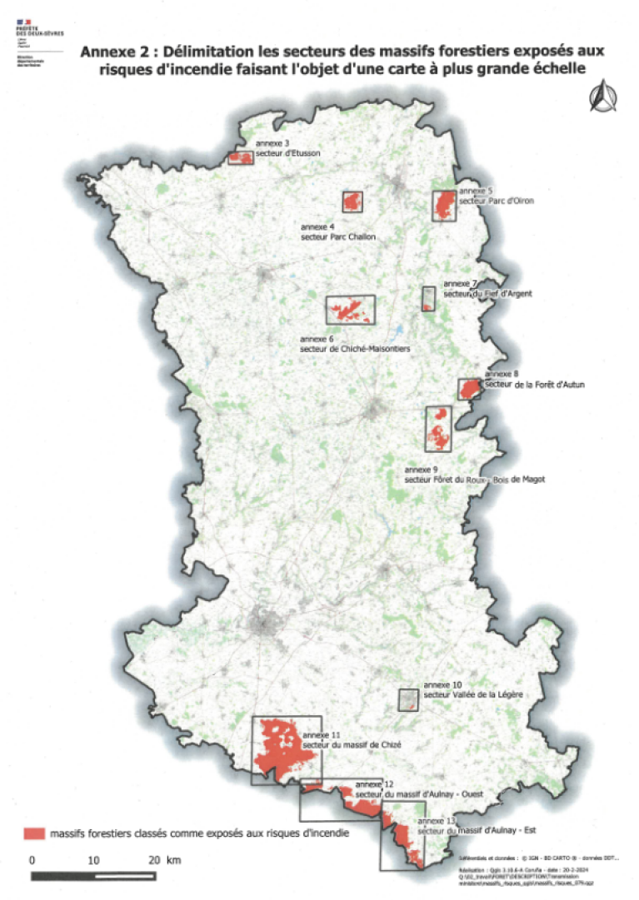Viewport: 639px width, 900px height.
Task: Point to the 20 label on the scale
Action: point(152,859)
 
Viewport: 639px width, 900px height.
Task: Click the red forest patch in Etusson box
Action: point(241,157)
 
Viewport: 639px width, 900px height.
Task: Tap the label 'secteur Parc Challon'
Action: point(337,237)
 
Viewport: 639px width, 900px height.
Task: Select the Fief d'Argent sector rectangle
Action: point(429,299)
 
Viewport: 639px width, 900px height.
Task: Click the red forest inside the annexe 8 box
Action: point(470,389)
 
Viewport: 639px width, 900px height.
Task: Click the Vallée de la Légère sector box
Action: point(407,699)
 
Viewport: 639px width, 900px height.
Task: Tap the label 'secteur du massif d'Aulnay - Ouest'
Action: point(419,794)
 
